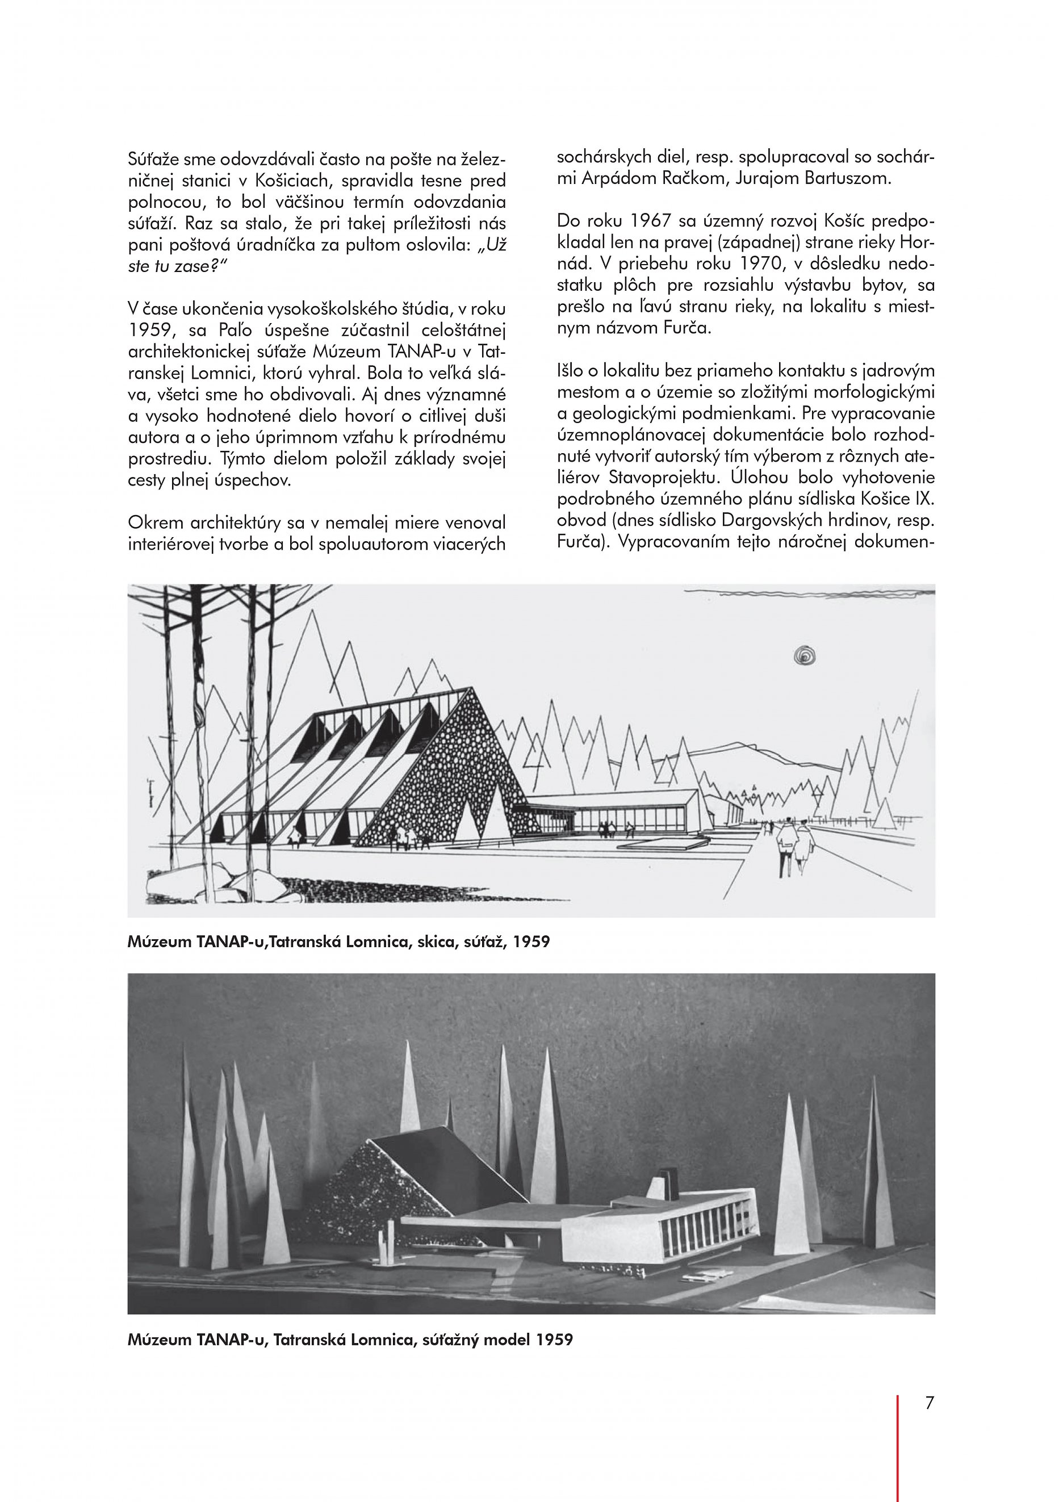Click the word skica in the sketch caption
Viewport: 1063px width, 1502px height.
(437, 943)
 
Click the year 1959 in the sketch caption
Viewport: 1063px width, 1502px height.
(531, 943)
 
